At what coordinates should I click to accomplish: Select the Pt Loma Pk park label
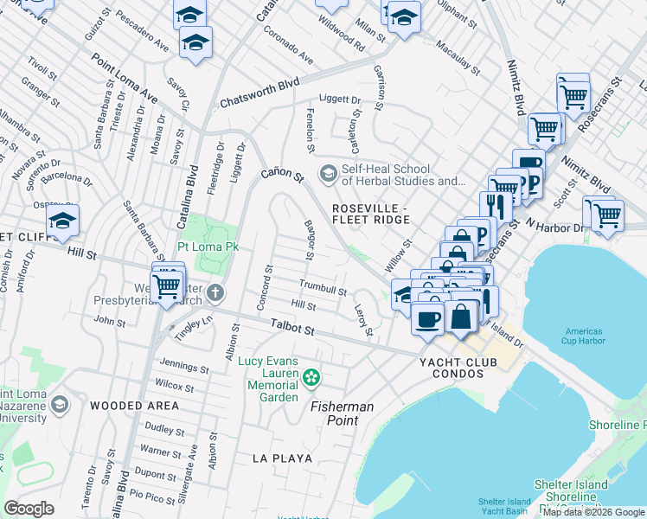(208, 247)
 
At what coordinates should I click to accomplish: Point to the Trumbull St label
(323, 288)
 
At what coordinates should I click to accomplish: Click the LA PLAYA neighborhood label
(281, 458)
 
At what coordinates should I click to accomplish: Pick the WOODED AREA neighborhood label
(134, 405)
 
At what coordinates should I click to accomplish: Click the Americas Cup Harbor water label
(589, 336)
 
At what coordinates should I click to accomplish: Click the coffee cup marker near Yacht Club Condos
(427, 318)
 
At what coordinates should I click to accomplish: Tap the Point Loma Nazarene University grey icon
(60, 404)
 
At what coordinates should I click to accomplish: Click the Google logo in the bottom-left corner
(29, 509)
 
